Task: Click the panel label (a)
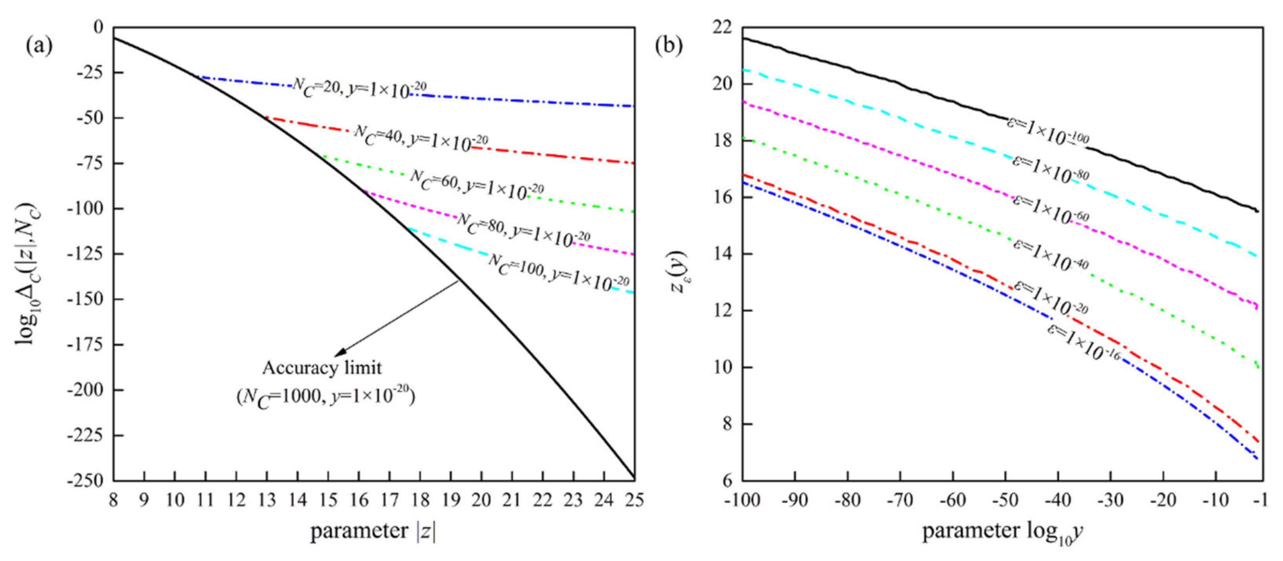[39, 46]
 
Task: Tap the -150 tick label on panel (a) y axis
[85, 299]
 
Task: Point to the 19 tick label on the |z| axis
[451, 500]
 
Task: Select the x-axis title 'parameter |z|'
[373, 531]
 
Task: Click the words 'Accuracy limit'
[322, 368]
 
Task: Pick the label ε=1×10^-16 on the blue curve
[1083, 343]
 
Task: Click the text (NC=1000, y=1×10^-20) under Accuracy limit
[325, 398]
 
